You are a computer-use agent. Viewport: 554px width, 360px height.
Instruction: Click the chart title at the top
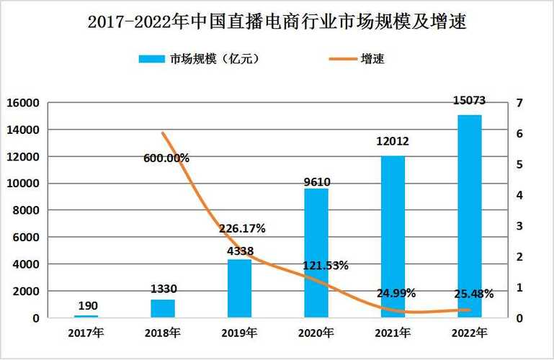pyautogui.click(x=277, y=22)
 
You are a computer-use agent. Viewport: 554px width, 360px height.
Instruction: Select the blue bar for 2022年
pyautogui.click(x=470, y=216)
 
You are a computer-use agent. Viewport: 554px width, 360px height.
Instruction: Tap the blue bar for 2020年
pyautogui.click(x=316, y=253)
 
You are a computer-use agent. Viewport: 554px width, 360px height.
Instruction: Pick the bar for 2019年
pyautogui.click(x=239, y=288)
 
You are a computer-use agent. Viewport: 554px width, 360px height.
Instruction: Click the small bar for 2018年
pyautogui.click(x=163, y=308)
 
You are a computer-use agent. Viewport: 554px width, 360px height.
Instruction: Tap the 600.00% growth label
pyautogui.click(x=166, y=158)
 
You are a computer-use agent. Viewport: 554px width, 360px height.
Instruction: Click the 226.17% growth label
pyautogui.click(x=242, y=228)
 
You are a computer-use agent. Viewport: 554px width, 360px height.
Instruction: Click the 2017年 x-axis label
pyautogui.click(x=85, y=333)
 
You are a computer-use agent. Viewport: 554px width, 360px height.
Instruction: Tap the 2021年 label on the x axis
pyautogui.click(x=393, y=333)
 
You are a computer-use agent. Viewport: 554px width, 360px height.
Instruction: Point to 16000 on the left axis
pyautogui.click(x=22, y=103)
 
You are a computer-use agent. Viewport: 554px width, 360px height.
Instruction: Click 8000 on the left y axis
pyautogui.click(x=25, y=210)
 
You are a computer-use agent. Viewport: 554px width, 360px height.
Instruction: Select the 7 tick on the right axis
pyautogui.click(x=520, y=103)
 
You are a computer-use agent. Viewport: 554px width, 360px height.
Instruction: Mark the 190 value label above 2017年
pyautogui.click(x=86, y=306)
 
